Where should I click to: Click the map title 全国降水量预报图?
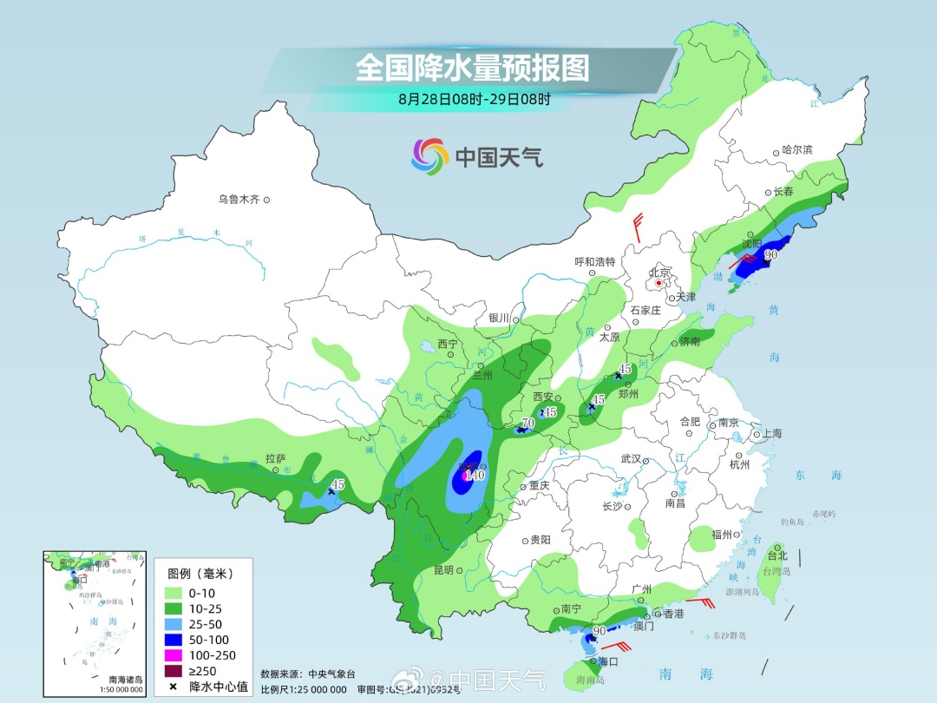472,67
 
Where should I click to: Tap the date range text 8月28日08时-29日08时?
474,99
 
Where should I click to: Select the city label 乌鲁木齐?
239,200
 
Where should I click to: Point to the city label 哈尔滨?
797,150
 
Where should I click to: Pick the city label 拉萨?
275,458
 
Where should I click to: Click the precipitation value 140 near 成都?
475,475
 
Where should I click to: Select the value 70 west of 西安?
527,424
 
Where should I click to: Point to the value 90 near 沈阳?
770,255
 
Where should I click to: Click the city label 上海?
771,434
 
